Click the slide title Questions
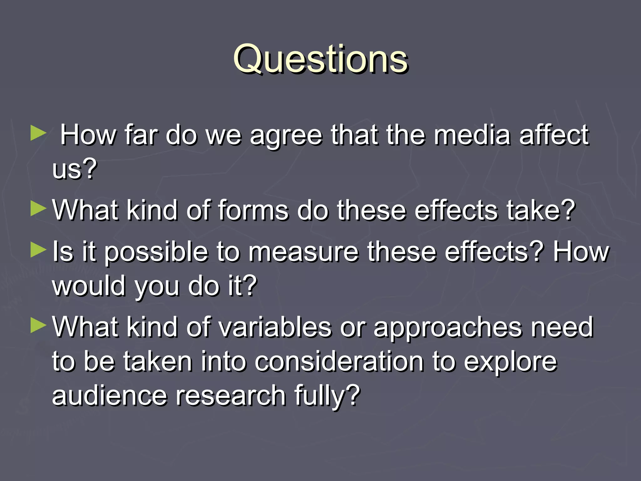pyautogui.click(x=320, y=59)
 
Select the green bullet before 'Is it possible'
pyautogui.click(x=38, y=250)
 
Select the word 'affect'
pyautogui.click(x=554, y=135)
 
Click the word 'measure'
pyautogui.click(x=303, y=252)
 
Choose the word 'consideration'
pyautogui.click(x=339, y=362)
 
